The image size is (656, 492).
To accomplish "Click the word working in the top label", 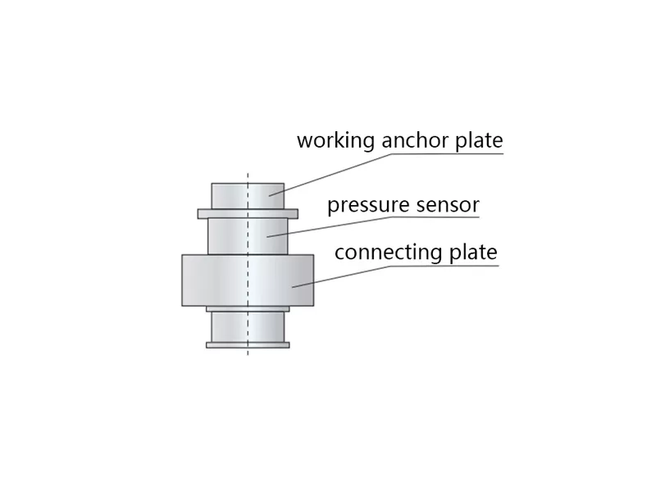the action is pyautogui.click(x=336, y=141).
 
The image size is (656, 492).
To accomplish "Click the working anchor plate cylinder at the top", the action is pyautogui.click(x=248, y=196).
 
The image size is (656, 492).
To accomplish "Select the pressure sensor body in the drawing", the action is pyautogui.click(x=248, y=236).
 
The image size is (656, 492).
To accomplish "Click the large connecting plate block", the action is pyautogui.click(x=248, y=280).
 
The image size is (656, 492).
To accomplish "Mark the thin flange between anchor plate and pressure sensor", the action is pyautogui.click(x=248, y=214).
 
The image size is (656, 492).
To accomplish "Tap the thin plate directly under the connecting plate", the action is pyautogui.click(x=248, y=309).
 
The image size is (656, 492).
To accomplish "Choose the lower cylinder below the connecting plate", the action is pyautogui.click(x=248, y=327).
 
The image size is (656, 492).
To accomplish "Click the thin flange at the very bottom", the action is pyautogui.click(x=248, y=345).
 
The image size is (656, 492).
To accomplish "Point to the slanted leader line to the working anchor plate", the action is pyautogui.click(x=331, y=175).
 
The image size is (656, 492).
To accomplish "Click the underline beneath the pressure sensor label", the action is pyautogui.click(x=435, y=217).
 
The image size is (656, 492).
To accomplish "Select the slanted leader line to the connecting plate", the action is pyautogui.click(x=341, y=276).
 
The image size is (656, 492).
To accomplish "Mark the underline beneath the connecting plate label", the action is pyautogui.click(x=444, y=265).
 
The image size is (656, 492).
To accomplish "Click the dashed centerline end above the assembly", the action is pyautogui.click(x=248, y=173).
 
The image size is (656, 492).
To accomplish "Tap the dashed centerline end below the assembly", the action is pyautogui.click(x=248, y=355).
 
